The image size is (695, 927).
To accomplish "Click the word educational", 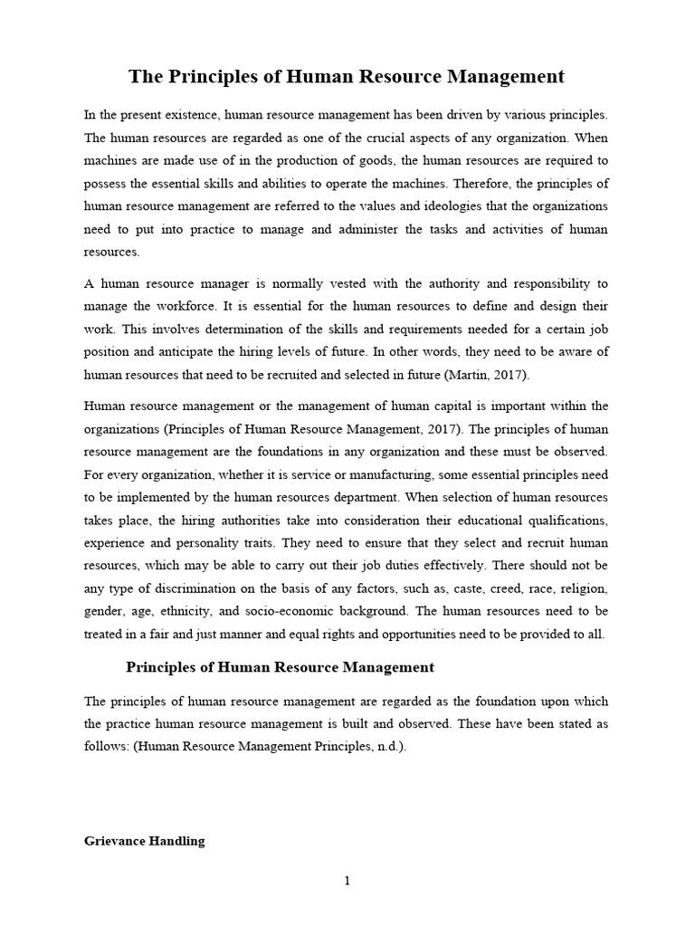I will (x=484, y=521).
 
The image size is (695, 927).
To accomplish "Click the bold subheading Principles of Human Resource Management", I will (x=280, y=667).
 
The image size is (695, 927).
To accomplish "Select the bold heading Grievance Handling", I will (x=145, y=841).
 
